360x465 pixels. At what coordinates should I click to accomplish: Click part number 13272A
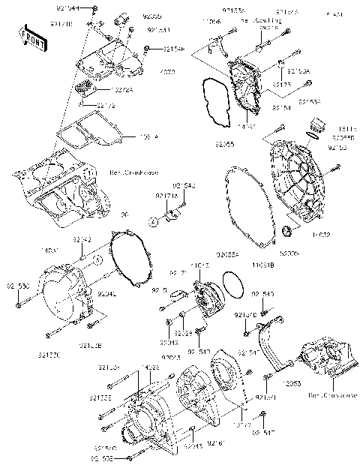(x=103, y=89)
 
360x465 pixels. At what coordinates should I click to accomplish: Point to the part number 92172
(x=106, y=106)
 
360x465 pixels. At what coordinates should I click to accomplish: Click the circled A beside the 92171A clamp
(x=151, y=221)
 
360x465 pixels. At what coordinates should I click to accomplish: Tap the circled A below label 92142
(x=96, y=259)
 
